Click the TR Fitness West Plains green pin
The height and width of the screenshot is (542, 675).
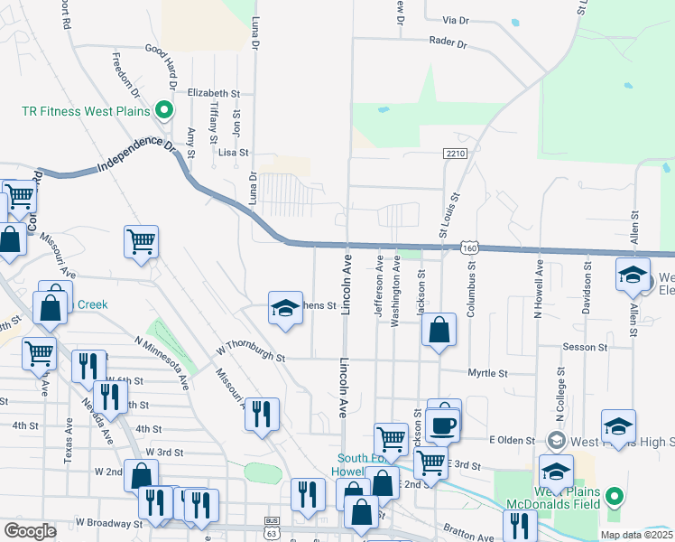pos(164,111)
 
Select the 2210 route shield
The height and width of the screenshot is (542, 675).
pos(456,154)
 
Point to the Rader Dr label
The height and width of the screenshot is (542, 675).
pos(448,42)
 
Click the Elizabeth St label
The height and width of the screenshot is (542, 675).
pos(214,92)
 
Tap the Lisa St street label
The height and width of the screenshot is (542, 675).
pos(233,154)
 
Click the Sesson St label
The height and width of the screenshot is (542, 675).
pos(585,347)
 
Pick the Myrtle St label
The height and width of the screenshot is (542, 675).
pos(488,372)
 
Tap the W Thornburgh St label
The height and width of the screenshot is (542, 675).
pos(251,353)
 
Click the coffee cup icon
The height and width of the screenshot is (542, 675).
pos(442,424)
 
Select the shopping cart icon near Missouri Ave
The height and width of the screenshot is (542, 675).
pos(141,242)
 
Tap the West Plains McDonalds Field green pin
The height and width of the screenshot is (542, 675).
pos(615,496)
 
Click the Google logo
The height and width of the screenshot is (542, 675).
pos(30,531)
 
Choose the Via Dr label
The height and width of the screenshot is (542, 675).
pos(456,20)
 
